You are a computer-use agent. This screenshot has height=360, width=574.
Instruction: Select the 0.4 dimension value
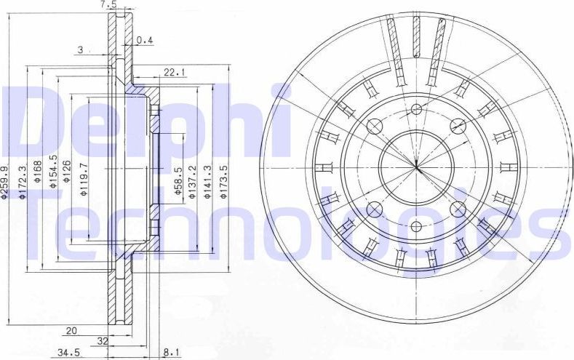coord(145,39)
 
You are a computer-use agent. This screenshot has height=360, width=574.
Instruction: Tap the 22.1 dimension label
coord(172,71)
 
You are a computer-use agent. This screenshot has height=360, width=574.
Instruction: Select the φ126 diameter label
coord(65,175)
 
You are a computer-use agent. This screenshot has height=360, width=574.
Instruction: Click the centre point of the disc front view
coord(416,168)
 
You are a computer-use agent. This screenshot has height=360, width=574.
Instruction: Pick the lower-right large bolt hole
coord(458,209)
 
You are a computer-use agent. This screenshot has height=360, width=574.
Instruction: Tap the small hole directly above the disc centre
coord(416,110)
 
